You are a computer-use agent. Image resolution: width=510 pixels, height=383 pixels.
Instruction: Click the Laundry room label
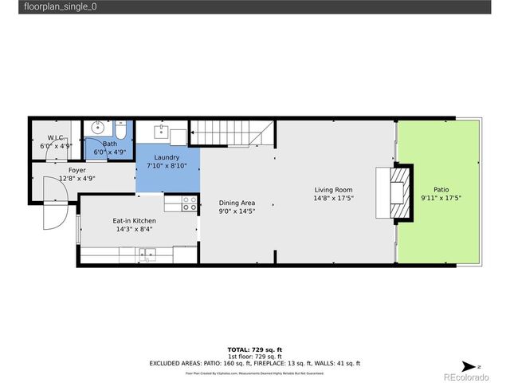pos(167,157)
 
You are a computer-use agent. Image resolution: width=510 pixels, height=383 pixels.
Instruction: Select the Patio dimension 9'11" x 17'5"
pos(441,198)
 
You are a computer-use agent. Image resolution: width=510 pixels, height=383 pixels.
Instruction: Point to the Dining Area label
pos(237,203)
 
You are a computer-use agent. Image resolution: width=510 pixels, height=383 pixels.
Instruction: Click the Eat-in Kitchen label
pos(134,220)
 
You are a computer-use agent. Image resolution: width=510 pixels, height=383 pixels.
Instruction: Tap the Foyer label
pos(76,170)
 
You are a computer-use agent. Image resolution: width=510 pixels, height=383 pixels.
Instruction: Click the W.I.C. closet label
pos(55,138)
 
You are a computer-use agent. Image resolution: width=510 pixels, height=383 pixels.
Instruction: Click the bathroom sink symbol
pos(99,127)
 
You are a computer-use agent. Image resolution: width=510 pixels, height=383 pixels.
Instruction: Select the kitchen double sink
pos(147,255)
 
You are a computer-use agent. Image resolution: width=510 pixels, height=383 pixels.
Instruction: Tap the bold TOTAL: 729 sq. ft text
pos(255,349)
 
